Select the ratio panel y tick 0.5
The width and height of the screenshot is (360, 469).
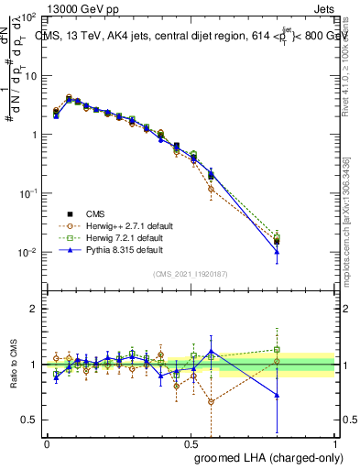(x=30, y=420)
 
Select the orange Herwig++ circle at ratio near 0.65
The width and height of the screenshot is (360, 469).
(x=212, y=402)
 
